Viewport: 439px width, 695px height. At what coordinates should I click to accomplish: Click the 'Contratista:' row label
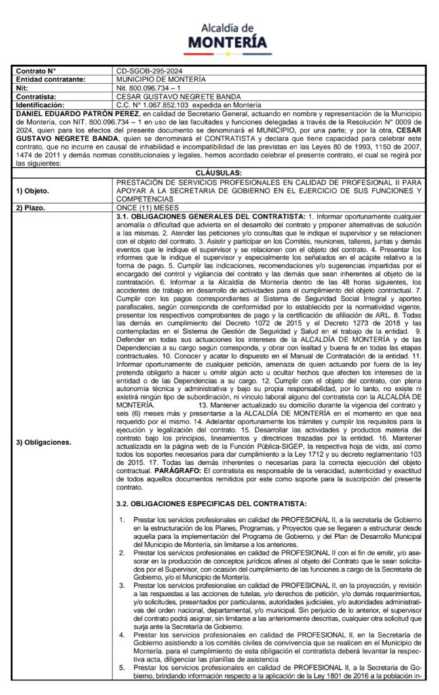37,96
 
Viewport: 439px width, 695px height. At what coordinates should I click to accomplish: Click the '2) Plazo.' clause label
31,207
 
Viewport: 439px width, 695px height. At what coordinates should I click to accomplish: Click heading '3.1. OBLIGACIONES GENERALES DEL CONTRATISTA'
207,216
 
